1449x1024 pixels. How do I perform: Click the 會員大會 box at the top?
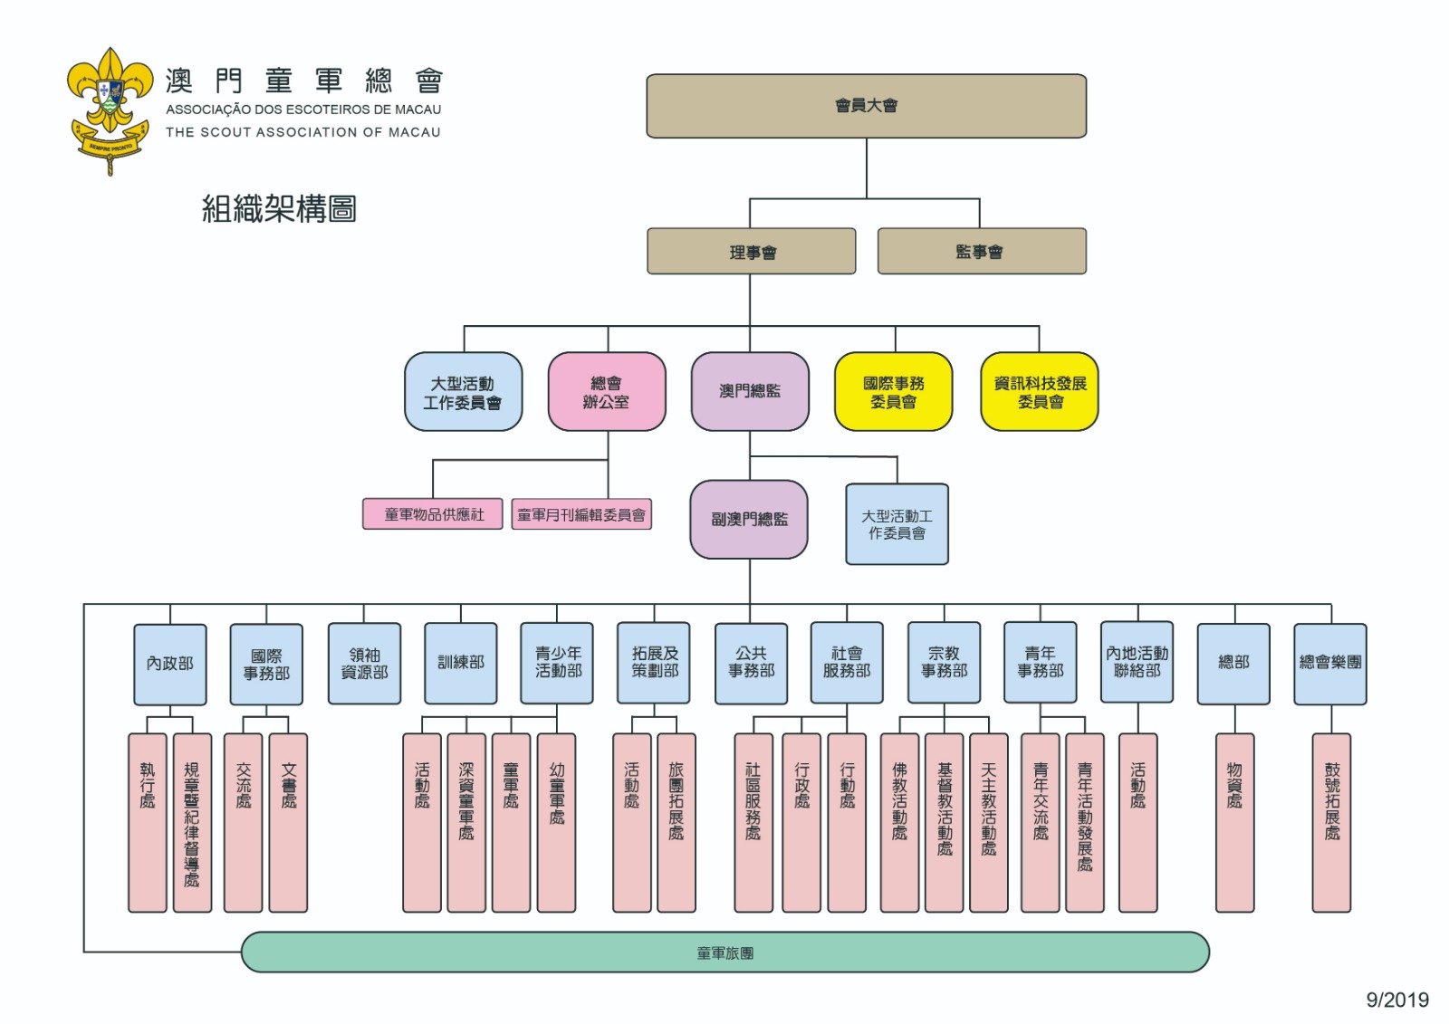click(866, 106)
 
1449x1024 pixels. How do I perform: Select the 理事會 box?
click(751, 252)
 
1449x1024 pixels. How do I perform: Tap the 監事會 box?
click(981, 252)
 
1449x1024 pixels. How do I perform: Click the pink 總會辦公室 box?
click(606, 392)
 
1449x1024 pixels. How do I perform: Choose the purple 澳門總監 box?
click(749, 392)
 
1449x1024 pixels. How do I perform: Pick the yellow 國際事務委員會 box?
click(893, 392)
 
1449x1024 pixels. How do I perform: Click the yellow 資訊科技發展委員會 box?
click(1039, 392)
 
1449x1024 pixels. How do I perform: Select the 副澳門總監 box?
click(748, 519)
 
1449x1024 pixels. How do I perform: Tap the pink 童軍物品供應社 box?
click(433, 514)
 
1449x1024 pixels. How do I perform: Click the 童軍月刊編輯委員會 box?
click(581, 514)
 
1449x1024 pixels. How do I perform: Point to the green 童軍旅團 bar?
click(724, 952)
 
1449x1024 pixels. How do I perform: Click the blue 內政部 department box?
click(170, 664)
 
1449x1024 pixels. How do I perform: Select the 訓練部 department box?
click(460, 663)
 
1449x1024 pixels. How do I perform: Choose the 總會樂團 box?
click(1329, 663)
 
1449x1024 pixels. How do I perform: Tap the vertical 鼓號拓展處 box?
click(1330, 822)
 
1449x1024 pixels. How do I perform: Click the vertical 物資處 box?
click(1233, 822)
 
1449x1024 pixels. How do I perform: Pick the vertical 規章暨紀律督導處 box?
click(192, 822)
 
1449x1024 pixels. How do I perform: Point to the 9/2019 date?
click(1396, 1000)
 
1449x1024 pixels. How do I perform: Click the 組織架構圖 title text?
click(279, 209)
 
